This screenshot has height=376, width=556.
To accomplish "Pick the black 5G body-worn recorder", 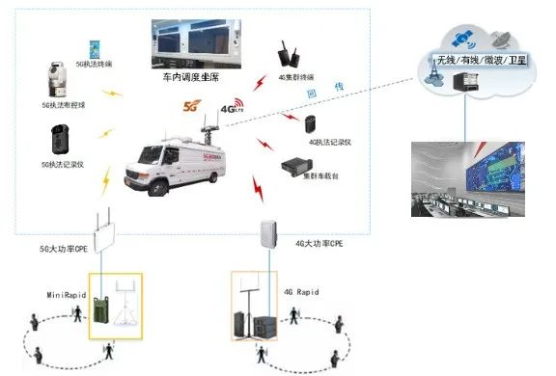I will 58,141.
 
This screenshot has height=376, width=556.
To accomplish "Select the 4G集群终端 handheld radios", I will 286,54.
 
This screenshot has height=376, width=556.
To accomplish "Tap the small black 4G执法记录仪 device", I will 311,123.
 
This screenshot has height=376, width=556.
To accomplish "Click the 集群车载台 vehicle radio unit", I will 295,165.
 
